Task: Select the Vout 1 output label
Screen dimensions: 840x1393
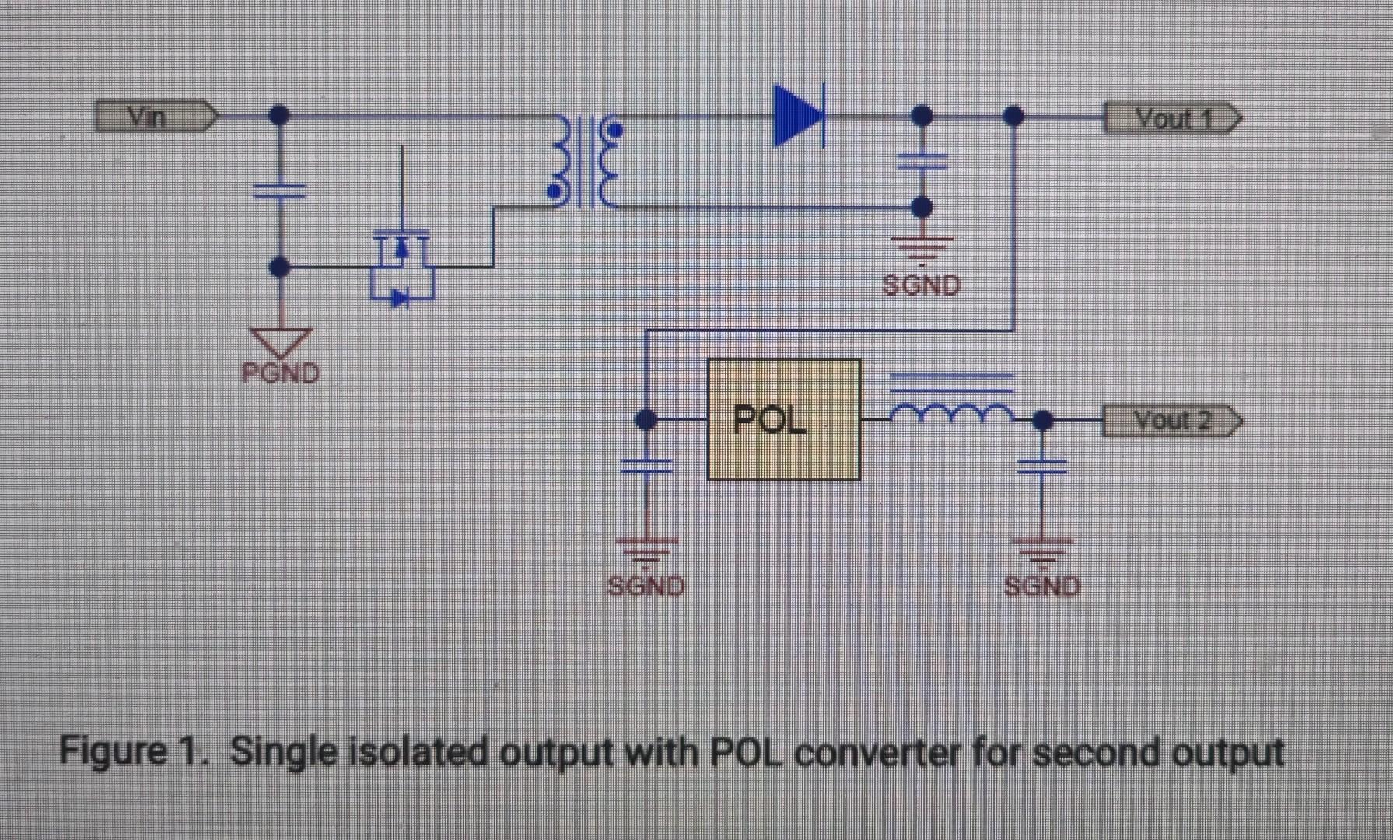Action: tap(1171, 120)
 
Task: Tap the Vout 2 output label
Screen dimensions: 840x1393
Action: tap(1171, 421)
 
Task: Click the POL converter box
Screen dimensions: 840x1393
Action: tap(783, 419)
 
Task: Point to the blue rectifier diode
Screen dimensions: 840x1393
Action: tap(799, 117)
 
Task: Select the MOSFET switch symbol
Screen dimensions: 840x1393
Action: tap(401, 264)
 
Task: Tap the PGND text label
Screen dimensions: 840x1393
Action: tap(281, 373)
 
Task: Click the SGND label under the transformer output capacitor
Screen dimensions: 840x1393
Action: tap(922, 285)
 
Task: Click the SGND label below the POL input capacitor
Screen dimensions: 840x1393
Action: tap(646, 586)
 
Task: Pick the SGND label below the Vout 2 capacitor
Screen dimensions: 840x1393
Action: tap(1041, 586)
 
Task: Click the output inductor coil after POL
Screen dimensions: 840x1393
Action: tap(950, 411)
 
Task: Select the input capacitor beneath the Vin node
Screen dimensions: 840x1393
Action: tap(280, 191)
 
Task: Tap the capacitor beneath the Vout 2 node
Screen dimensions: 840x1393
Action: tap(1042, 465)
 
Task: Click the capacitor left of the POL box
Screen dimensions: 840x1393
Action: tap(646, 465)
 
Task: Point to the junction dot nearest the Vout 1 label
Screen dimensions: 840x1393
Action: tap(1013, 117)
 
